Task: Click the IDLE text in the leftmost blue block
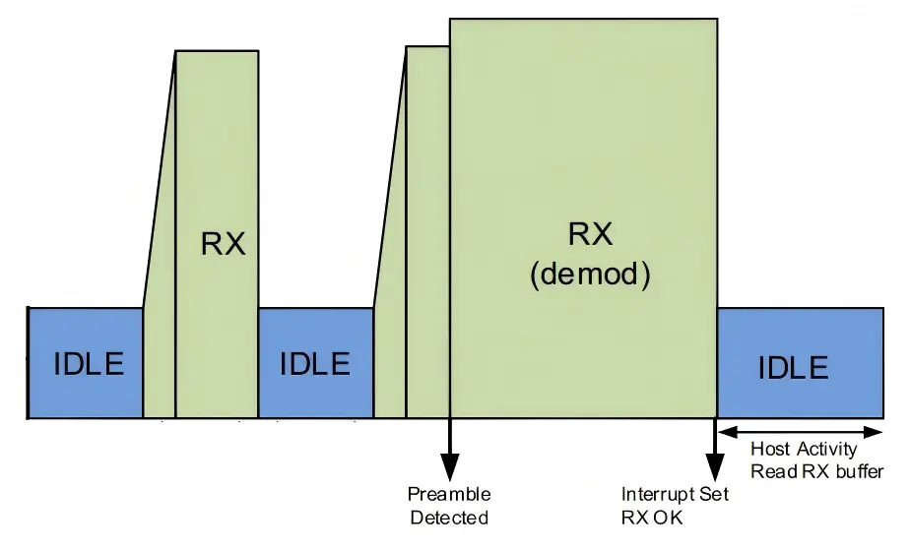[89, 363]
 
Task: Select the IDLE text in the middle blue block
[315, 363]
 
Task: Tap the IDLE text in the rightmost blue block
[794, 367]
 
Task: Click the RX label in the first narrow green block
[224, 243]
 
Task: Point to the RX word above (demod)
[591, 235]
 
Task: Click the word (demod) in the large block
[590, 275]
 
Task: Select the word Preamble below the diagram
[449, 494]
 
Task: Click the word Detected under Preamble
[449, 518]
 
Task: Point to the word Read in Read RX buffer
[771, 471]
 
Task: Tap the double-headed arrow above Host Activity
[800, 431]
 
